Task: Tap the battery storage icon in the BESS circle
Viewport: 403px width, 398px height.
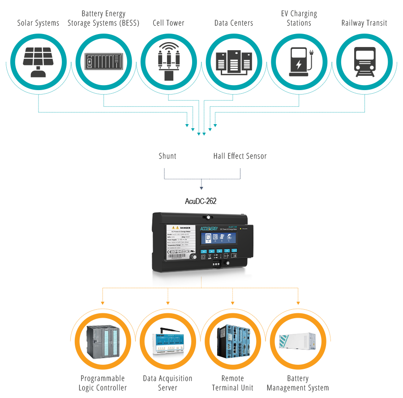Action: click(104, 61)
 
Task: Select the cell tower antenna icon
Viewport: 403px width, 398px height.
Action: click(169, 61)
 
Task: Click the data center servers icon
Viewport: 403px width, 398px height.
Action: click(234, 62)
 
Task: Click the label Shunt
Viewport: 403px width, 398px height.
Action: click(167, 156)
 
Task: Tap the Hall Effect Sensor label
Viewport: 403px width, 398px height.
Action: click(240, 156)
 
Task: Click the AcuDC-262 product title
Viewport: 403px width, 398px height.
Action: click(201, 201)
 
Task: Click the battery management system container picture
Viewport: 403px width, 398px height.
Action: click(298, 343)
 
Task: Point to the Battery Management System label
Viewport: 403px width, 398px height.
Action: click(298, 383)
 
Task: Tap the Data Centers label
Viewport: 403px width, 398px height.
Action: click(234, 23)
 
